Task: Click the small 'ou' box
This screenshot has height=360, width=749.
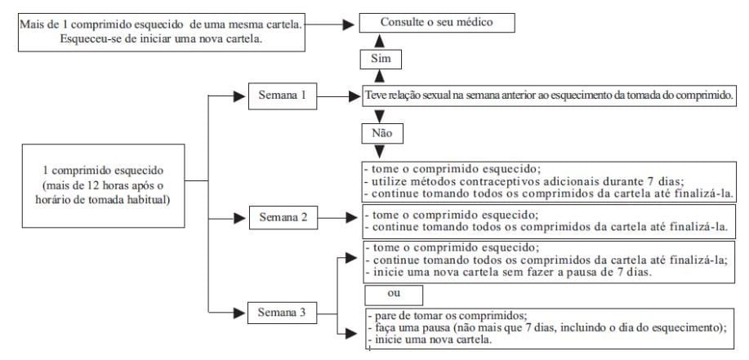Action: pyautogui.click(x=395, y=291)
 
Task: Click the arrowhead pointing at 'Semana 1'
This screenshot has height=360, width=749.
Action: pyautogui.click(x=241, y=96)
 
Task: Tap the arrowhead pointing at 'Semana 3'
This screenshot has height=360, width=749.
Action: pyautogui.click(x=241, y=312)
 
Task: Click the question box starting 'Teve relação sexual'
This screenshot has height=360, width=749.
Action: pyautogui.click(x=549, y=96)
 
